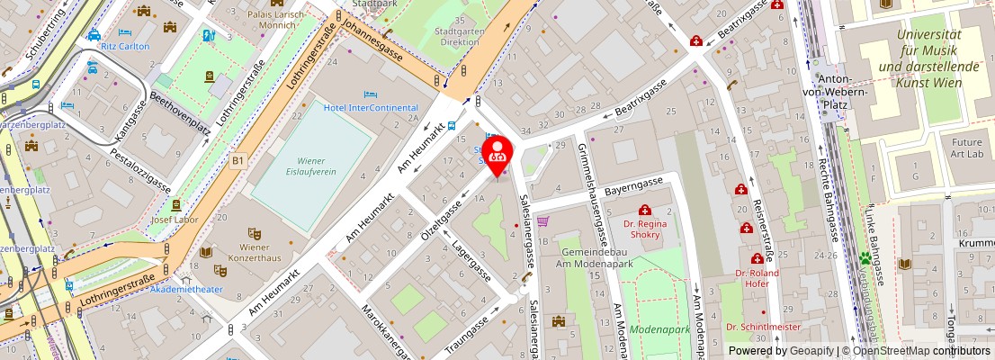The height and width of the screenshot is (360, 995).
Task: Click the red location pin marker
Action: click(x=497, y=153)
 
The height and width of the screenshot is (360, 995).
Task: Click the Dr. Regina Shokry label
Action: click(x=646, y=229)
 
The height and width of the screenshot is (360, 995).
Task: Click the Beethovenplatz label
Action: click(x=180, y=115)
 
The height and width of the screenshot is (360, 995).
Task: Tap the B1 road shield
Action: click(x=238, y=160)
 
